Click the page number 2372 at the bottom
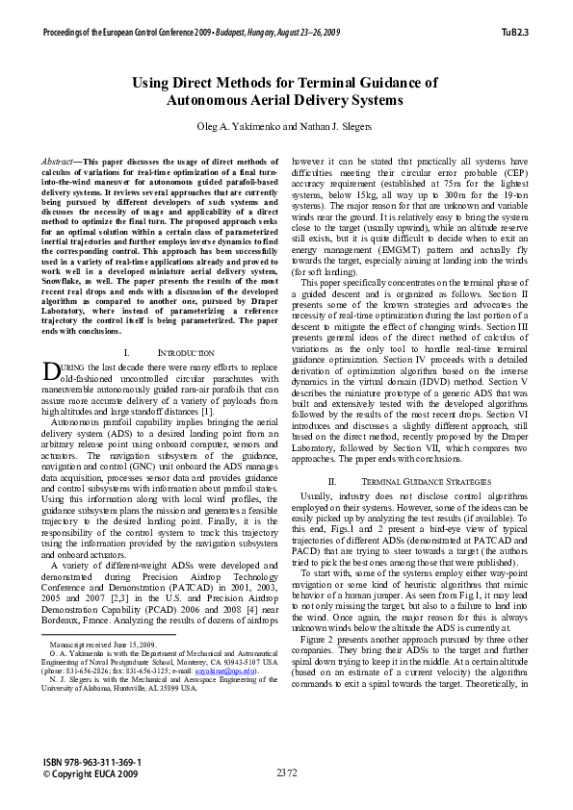[286, 772]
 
